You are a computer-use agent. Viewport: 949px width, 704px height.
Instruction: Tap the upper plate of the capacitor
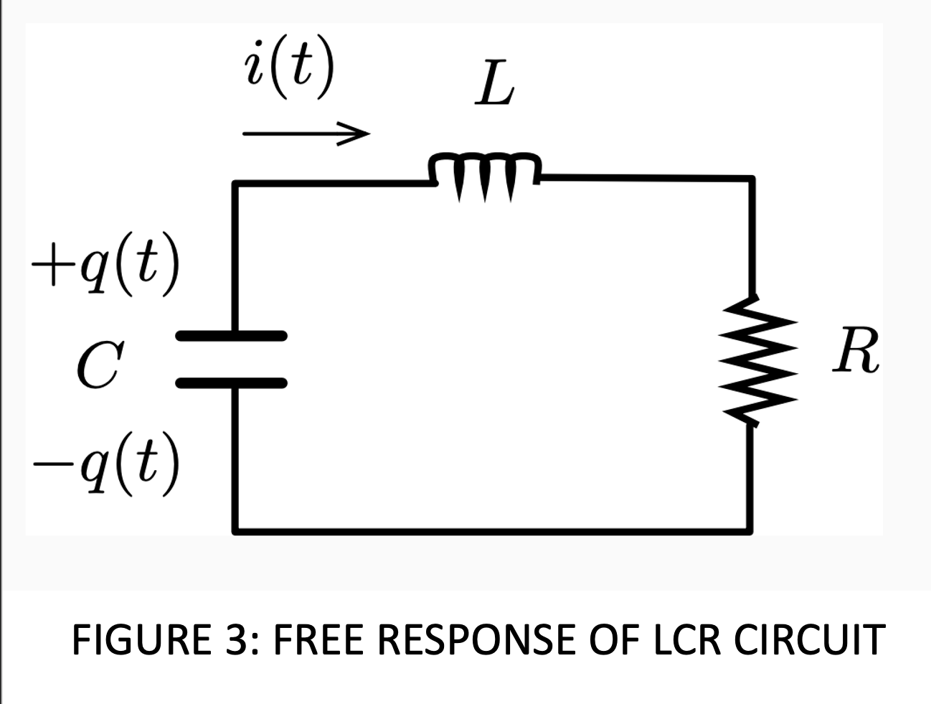tap(232, 335)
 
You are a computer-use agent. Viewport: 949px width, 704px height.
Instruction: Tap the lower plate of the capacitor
tap(232, 382)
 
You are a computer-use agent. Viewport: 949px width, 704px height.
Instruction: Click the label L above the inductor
tap(494, 87)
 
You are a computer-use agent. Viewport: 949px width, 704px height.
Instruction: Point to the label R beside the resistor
tap(855, 352)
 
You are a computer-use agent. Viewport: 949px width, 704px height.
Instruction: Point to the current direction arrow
tap(306, 133)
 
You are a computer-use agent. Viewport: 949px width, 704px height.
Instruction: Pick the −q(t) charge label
tap(105, 464)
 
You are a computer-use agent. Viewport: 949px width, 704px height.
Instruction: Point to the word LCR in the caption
tap(685, 639)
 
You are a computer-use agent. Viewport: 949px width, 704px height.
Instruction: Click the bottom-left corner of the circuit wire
tap(235, 531)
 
